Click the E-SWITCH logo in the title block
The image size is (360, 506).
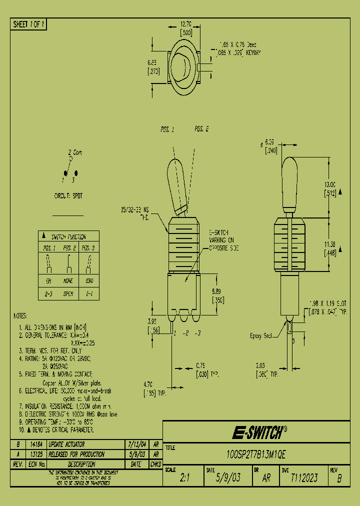260,432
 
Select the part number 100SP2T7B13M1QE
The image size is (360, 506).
256,456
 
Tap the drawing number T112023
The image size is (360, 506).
304,478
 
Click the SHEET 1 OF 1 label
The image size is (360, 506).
28,24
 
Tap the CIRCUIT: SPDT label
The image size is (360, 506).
68,196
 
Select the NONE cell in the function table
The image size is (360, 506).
68,281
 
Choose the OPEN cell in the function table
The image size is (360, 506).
68,294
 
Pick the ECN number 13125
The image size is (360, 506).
35,454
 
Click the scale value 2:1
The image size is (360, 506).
184,478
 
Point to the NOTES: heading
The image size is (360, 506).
21,316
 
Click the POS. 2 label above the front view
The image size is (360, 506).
201,129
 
